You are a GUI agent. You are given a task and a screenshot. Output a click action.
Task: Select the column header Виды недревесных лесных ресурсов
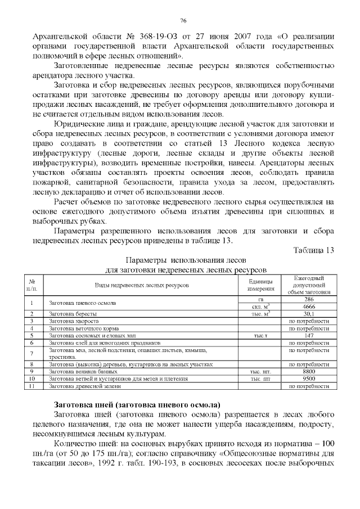[141, 286]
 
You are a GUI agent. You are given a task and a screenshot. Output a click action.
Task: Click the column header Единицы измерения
[260, 285]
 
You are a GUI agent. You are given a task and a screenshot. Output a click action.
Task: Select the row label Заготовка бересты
[70, 314]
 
